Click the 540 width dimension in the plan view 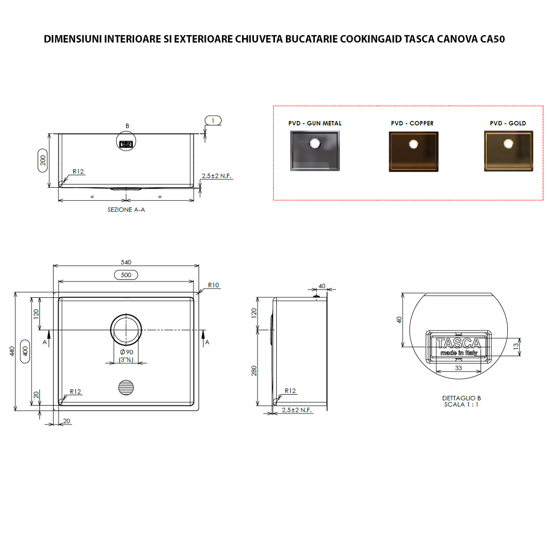pyautogui.click(x=126, y=262)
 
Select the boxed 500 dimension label pyautogui.click(x=126, y=275)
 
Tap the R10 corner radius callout pyautogui.click(x=213, y=285)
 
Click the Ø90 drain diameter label pyautogui.click(x=126, y=352)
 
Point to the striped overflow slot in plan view pyautogui.click(x=126, y=388)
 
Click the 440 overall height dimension pyautogui.click(x=12, y=351)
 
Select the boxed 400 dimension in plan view pyautogui.click(x=25, y=351)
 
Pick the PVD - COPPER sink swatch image pyautogui.click(x=413, y=151)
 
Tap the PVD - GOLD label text pyautogui.click(x=508, y=123)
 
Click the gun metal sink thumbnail pyautogui.click(x=315, y=151)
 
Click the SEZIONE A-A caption pyautogui.click(x=126, y=210)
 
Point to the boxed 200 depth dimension pyautogui.click(x=43, y=160)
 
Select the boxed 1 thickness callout pyautogui.click(x=213, y=120)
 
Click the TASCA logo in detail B pyautogui.click(x=458, y=344)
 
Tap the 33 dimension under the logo pyautogui.click(x=458, y=368)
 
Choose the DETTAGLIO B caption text pyautogui.click(x=461, y=398)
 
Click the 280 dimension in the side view pyautogui.click(x=254, y=371)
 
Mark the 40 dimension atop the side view pyautogui.click(x=322, y=286)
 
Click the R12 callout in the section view pyautogui.click(x=78, y=172)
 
